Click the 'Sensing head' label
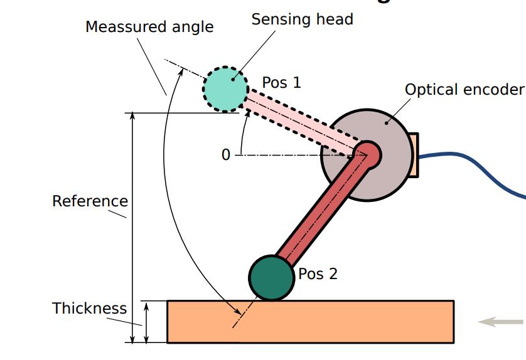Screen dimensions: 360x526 click(302, 19)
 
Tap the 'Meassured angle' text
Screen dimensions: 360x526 click(149, 27)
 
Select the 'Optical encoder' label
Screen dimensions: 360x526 click(464, 90)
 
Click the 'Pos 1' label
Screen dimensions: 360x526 click(281, 82)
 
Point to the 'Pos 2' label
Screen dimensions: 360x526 click(318, 274)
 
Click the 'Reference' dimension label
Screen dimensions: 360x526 click(90, 201)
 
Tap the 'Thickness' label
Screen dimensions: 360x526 click(89, 309)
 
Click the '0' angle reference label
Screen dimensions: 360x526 click(226, 155)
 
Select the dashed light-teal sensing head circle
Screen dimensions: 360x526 click(225, 88)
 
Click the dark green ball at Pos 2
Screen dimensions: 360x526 click(272, 277)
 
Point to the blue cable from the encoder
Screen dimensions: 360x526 click(477, 161)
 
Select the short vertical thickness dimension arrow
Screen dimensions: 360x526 click(147, 322)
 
